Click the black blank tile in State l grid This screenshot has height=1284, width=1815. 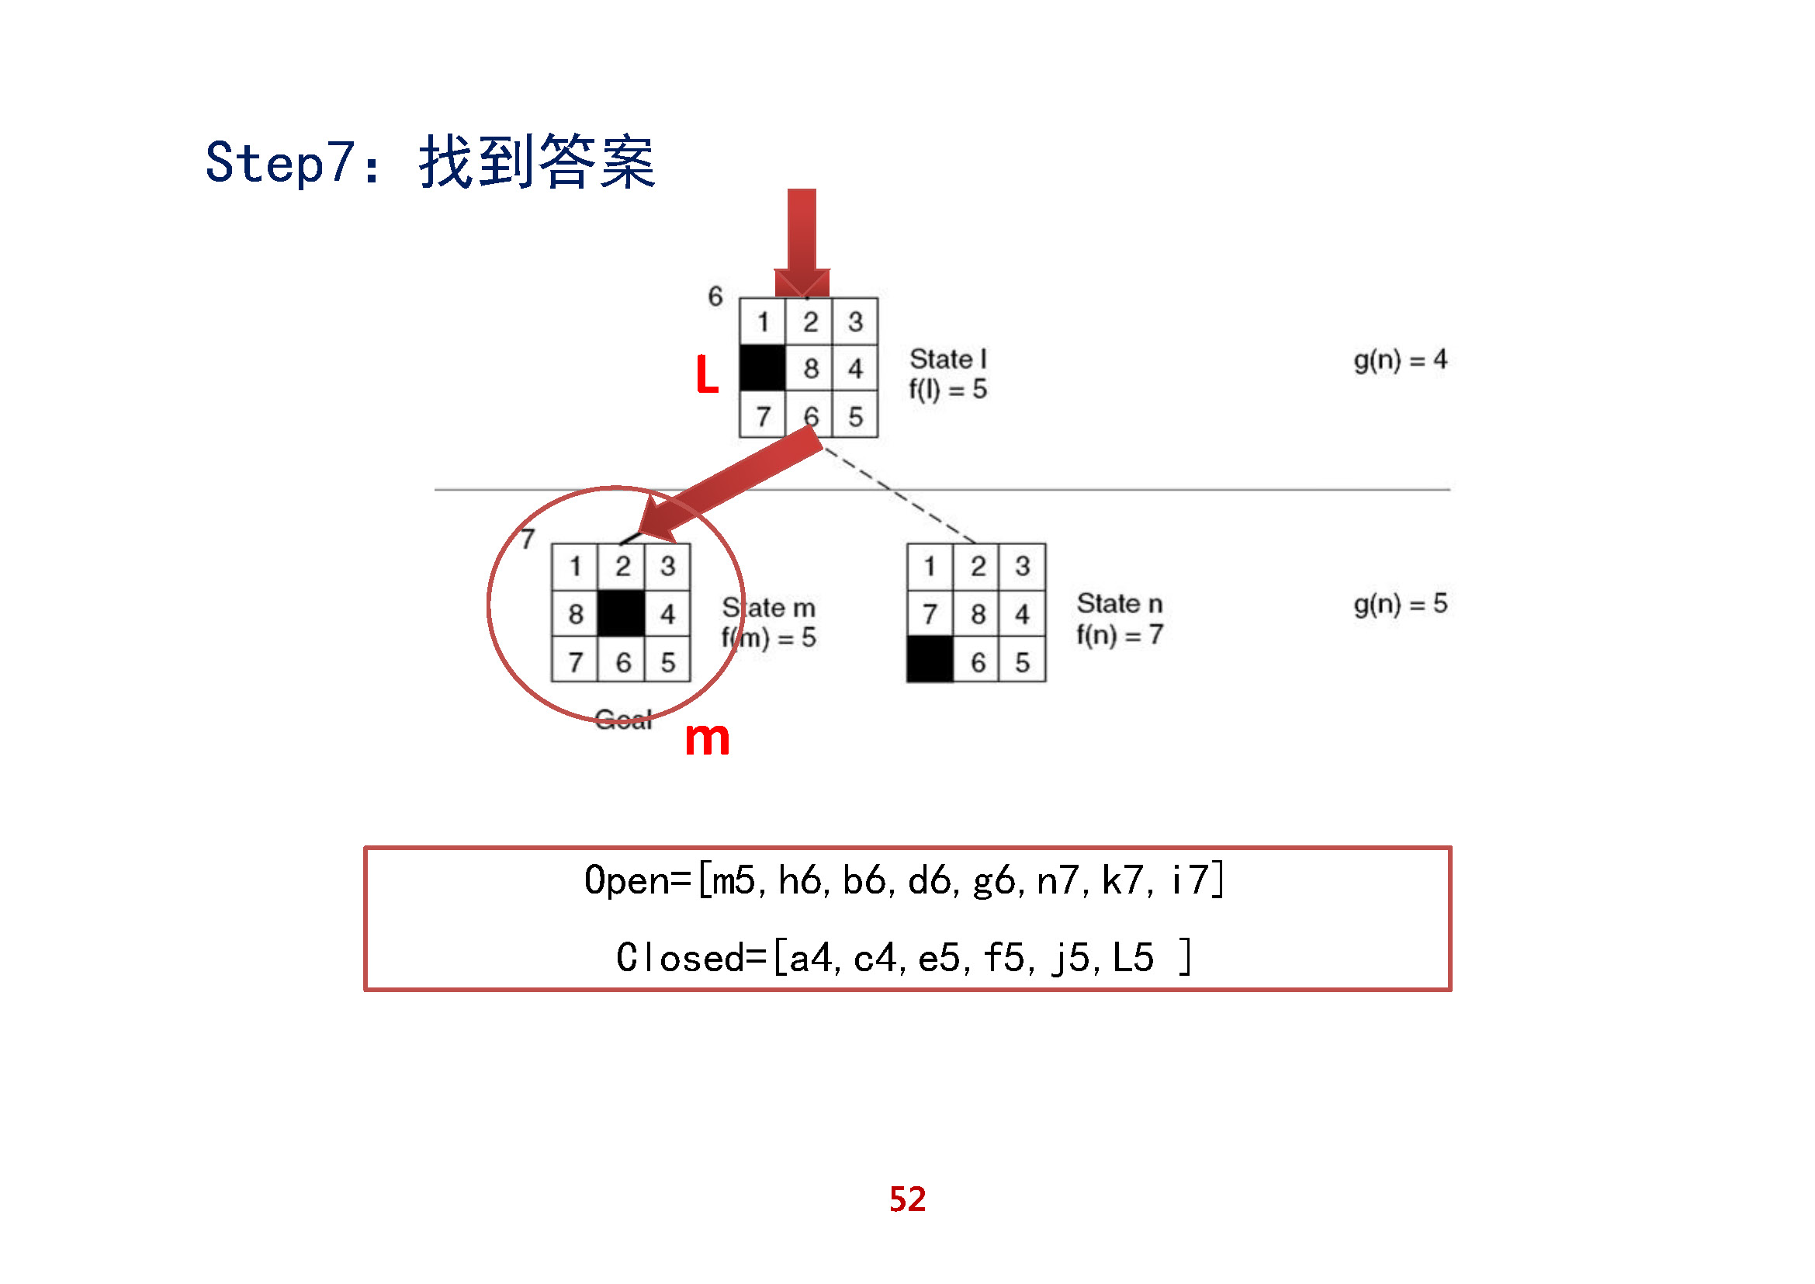762,369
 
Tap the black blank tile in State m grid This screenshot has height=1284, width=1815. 622,613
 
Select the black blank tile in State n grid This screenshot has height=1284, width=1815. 930,660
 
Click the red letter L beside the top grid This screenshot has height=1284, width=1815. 707,375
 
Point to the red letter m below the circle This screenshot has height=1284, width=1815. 707,739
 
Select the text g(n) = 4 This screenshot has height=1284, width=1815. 1400,359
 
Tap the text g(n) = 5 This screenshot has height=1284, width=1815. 1400,604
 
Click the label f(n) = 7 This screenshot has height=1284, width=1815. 1120,635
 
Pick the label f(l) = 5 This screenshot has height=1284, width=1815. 947,390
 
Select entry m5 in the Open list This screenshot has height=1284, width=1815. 733,881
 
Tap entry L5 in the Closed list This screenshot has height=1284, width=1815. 1133,958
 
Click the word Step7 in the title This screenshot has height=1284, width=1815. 280,163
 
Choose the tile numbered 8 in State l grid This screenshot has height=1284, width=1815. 810,369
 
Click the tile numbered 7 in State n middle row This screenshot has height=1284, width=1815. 930,613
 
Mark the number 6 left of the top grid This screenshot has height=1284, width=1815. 715,297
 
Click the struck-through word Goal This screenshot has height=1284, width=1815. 623,720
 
